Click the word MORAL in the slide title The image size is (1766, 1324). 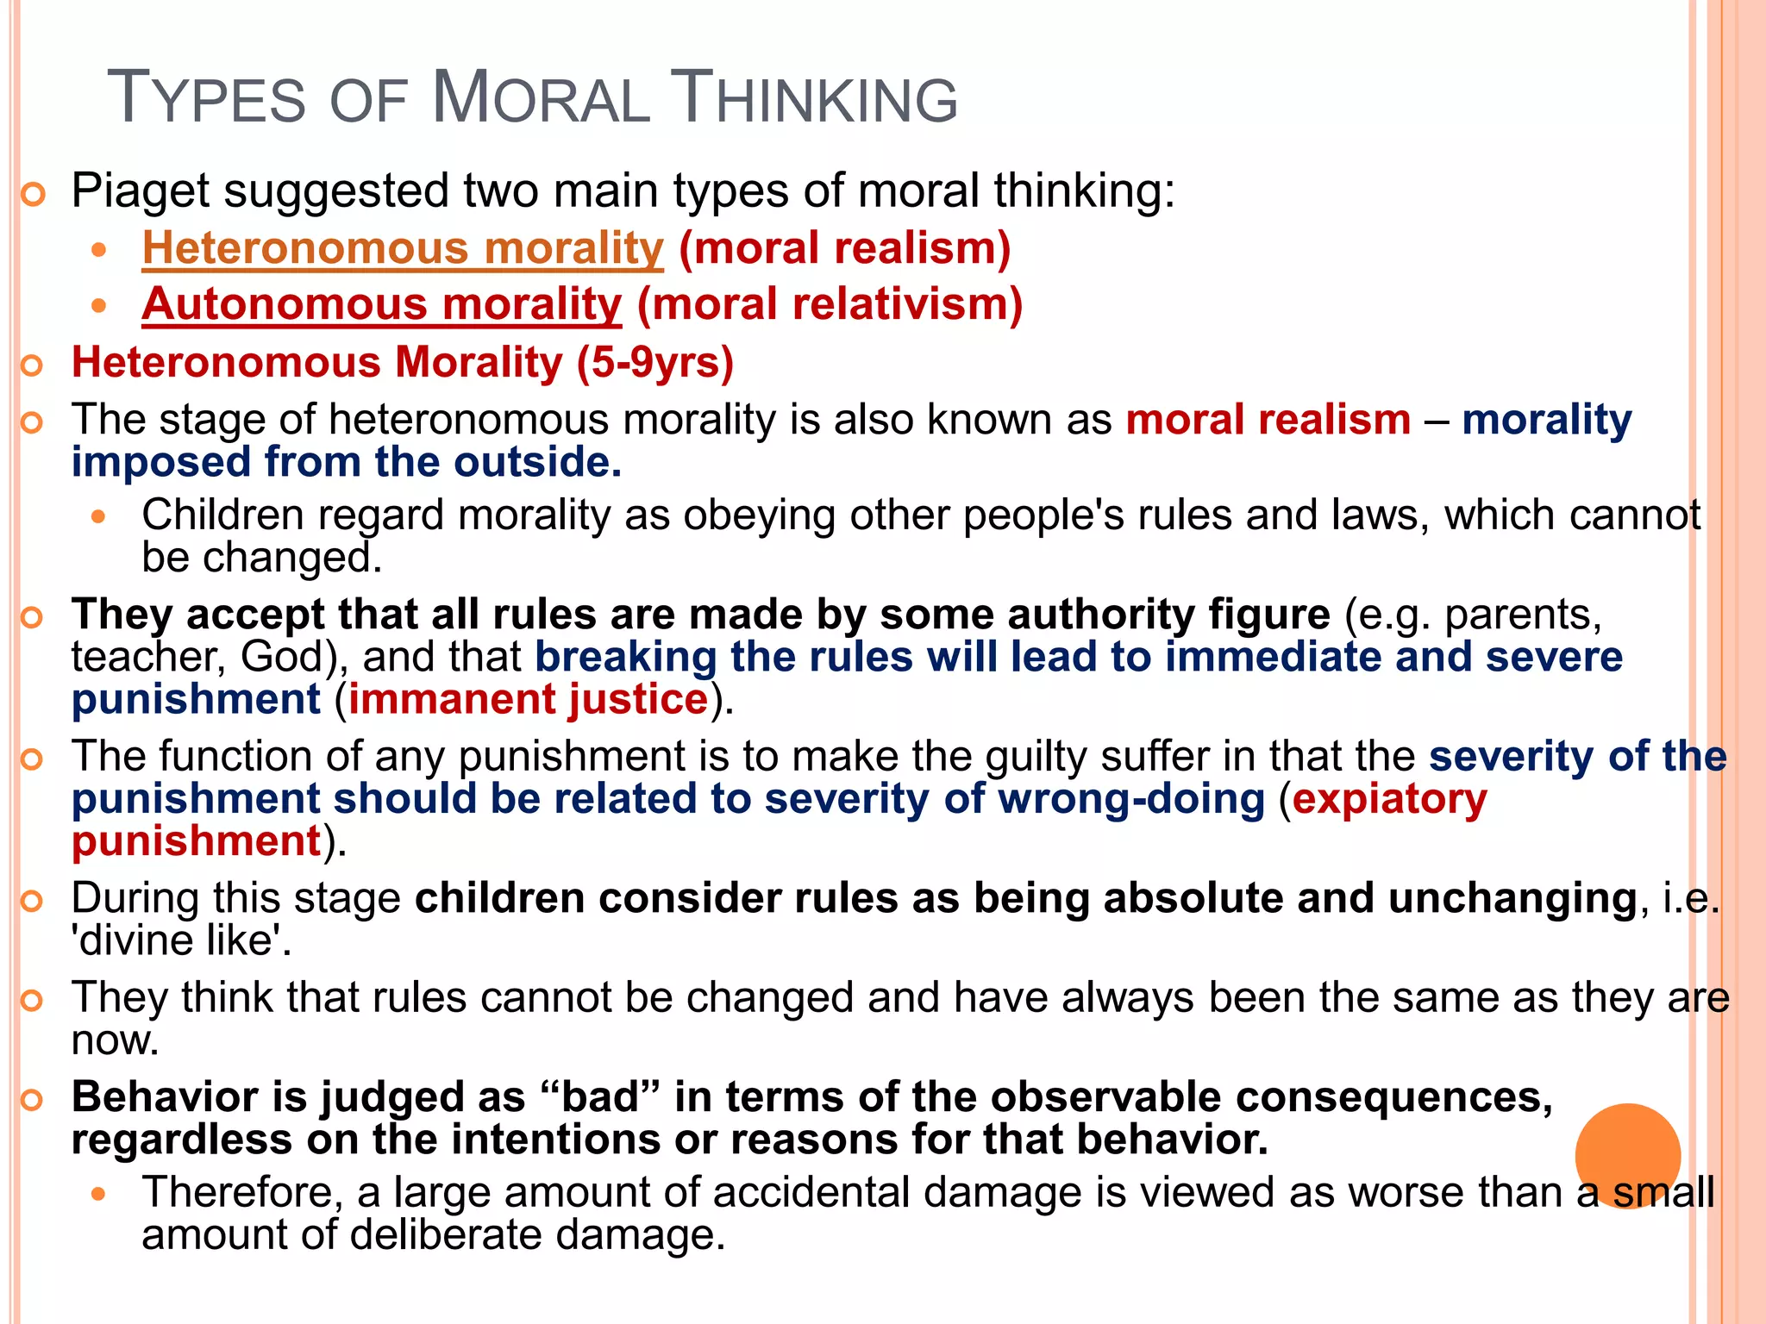pos(541,97)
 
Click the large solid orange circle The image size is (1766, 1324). pos(1627,1155)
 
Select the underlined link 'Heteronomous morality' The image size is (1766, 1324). pos(403,248)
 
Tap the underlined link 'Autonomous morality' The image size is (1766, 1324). pos(382,304)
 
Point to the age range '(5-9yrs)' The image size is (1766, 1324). pos(655,362)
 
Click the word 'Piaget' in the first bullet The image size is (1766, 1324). pos(140,190)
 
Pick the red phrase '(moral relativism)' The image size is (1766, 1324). pos(830,304)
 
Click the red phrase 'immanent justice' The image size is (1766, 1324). pos(528,698)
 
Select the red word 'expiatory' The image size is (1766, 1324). pos(1389,798)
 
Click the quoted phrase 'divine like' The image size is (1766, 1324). pos(181,940)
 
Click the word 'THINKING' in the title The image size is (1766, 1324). pos(813,97)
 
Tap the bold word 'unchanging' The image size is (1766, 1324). pos(1512,898)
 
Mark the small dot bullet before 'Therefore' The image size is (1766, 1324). pos(99,1194)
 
